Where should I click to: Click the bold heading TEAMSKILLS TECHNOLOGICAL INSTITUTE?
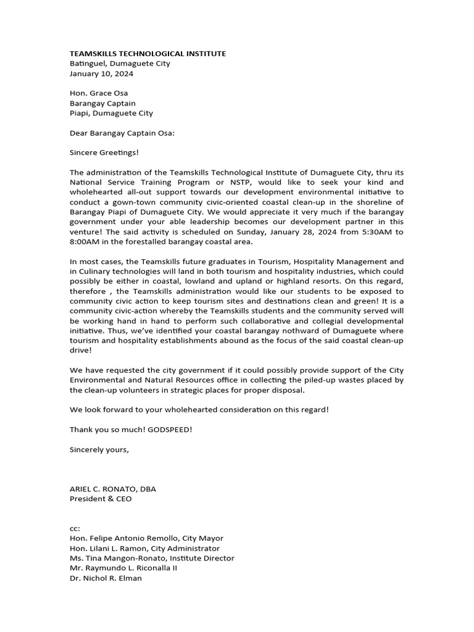pyautogui.click(x=148, y=54)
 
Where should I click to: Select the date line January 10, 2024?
pyautogui.click(x=101, y=73)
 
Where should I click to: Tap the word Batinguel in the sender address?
pyautogui.click(x=87, y=64)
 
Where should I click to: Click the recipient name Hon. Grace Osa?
pyautogui.click(x=99, y=93)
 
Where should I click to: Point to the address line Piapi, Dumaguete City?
pyautogui.click(x=111, y=113)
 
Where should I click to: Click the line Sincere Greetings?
pyautogui.click(x=104, y=152)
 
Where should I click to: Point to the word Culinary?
pyautogui.click(x=95, y=271)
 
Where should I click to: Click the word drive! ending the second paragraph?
pyautogui.click(x=81, y=350)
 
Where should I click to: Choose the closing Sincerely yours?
pyautogui.click(x=99, y=449)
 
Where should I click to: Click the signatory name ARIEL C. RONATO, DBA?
pyautogui.click(x=113, y=489)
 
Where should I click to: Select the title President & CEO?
pyautogui.click(x=101, y=499)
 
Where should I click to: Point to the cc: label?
pyautogui.click(x=75, y=528)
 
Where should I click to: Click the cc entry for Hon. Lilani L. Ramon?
pyautogui.click(x=144, y=548)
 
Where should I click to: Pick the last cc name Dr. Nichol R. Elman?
pyautogui.click(x=106, y=578)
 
